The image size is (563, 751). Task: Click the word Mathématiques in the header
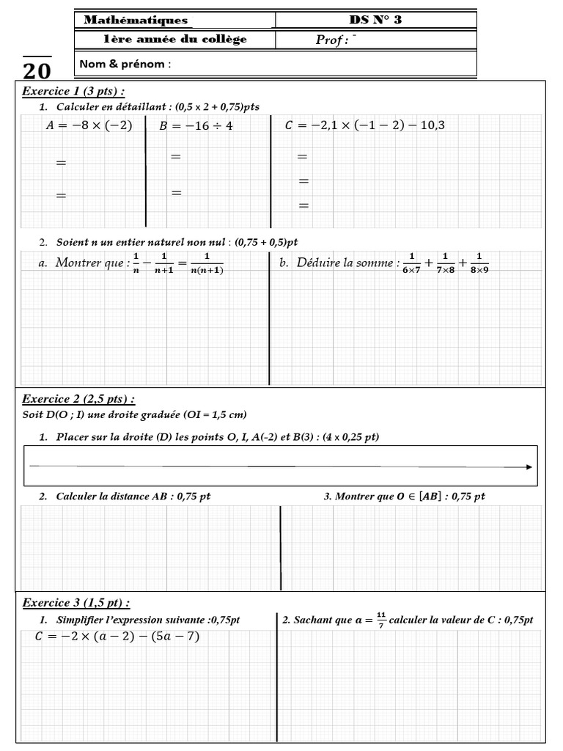pyautogui.click(x=136, y=21)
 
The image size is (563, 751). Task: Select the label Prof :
pyautogui.click(x=331, y=40)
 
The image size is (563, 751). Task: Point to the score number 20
pyautogui.click(x=37, y=70)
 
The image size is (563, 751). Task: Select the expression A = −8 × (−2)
pyautogui.click(x=89, y=125)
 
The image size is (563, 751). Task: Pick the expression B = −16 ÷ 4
pyautogui.click(x=196, y=125)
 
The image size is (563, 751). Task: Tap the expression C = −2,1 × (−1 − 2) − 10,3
pyautogui.click(x=364, y=125)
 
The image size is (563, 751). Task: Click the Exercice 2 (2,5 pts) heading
pyautogui.click(x=78, y=400)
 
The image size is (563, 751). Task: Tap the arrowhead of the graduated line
pyautogui.click(x=528, y=466)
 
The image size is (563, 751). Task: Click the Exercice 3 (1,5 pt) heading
pyautogui.click(x=76, y=603)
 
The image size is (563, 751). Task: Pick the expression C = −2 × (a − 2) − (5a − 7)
pyautogui.click(x=117, y=637)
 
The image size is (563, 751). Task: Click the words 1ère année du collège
pyautogui.click(x=174, y=40)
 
